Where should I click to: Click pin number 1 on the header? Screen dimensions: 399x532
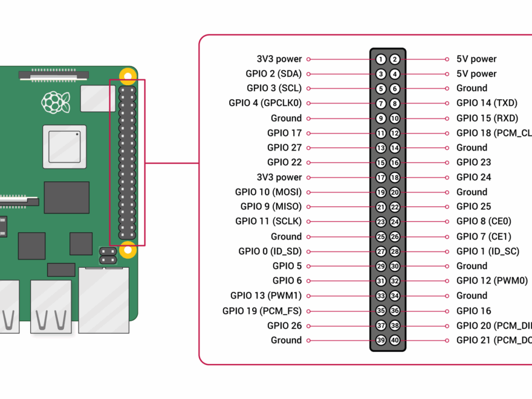pyautogui.click(x=381, y=59)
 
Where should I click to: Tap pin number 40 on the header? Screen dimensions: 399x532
pyautogui.click(x=395, y=340)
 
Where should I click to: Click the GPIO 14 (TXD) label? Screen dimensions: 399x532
pyautogui.click(x=487, y=103)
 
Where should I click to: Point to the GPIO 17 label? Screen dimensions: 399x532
pyautogui.click(x=284, y=133)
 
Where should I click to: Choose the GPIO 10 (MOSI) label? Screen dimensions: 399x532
pyautogui.click(x=268, y=192)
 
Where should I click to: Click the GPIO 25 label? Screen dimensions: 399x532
pyautogui.click(x=473, y=207)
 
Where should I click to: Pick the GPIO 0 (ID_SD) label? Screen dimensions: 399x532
pyautogui.click(x=270, y=251)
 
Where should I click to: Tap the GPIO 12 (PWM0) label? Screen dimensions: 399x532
pyautogui.click(x=491, y=281)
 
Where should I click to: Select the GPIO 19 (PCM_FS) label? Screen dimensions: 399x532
pyautogui.click(x=262, y=311)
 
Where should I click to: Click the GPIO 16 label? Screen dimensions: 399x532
pyautogui.click(x=473, y=311)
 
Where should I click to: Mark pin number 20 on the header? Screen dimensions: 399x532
pyautogui.click(x=395, y=192)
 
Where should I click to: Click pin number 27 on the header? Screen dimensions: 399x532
pyautogui.click(x=381, y=251)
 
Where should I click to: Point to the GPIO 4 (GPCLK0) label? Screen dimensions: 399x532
pyautogui.click(x=265, y=103)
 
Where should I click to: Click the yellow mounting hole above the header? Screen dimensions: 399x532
pyautogui.click(x=128, y=76)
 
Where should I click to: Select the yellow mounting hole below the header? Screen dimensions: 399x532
pyautogui.click(x=128, y=248)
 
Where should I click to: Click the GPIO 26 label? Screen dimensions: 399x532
pyautogui.click(x=284, y=325)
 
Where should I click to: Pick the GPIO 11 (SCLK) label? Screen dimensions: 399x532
pyautogui.click(x=268, y=222)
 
